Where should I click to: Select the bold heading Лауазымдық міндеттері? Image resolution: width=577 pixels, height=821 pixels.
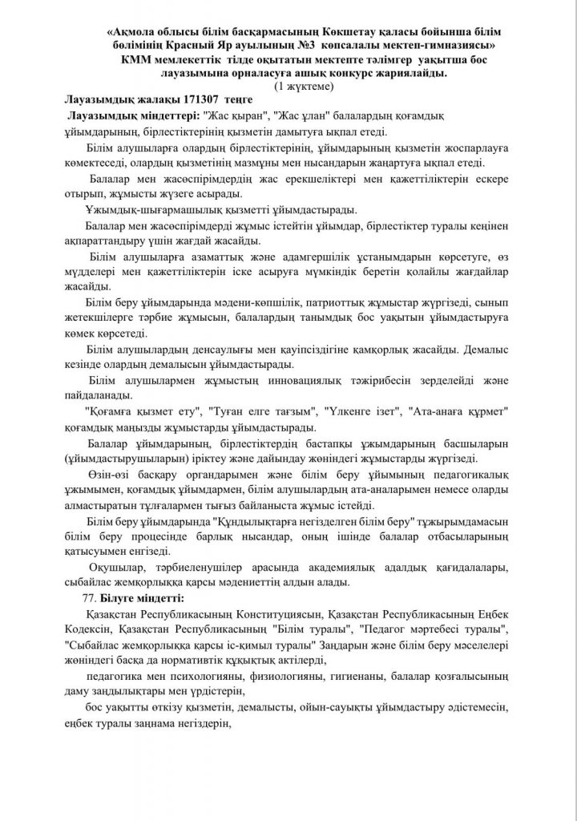click(126, 117)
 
